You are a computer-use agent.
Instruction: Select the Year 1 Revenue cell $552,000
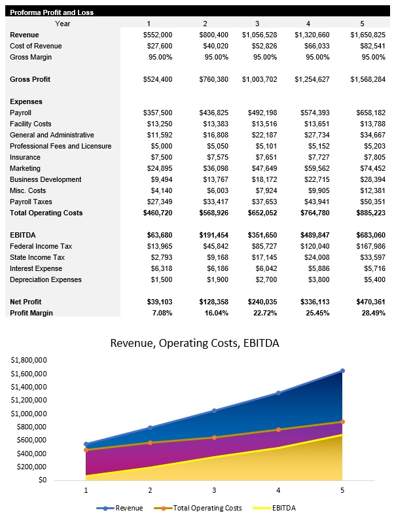pos(158,35)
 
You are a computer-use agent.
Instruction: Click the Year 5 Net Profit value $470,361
pos(368,302)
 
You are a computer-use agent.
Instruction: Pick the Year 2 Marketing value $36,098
pos(213,168)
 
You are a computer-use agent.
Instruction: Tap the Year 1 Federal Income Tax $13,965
pos(160,246)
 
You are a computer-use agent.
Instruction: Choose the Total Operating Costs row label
pos(46,213)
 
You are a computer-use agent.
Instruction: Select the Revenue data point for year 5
pos(342,370)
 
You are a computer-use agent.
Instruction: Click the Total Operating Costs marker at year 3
pos(214,437)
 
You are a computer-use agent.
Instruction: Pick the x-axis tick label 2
pos(150,490)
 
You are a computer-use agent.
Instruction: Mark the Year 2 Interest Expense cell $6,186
pos(215,268)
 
